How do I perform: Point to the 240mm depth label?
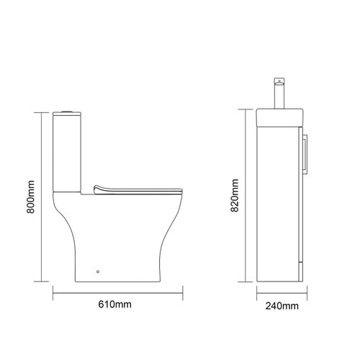click(282, 307)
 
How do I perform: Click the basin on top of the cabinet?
click(280, 116)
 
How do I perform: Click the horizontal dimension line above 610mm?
click(118, 293)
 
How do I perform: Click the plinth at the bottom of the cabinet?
click(280, 277)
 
